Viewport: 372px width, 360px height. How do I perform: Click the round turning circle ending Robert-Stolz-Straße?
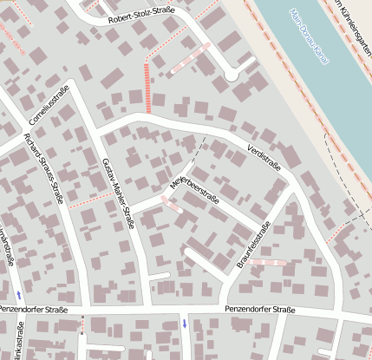(232, 75)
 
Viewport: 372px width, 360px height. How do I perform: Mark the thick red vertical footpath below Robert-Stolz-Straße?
(148, 87)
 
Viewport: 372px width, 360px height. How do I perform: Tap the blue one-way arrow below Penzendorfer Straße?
(184, 324)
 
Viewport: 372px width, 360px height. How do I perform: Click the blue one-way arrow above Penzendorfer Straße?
(18, 296)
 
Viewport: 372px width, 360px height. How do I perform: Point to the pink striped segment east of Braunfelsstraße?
(268, 262)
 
